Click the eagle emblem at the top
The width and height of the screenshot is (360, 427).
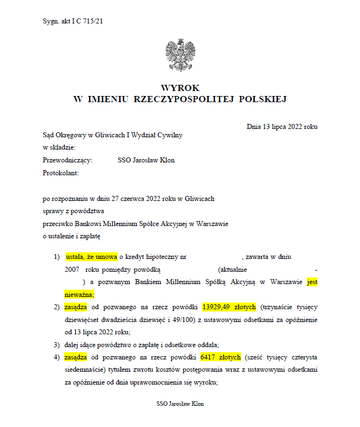[180, 55]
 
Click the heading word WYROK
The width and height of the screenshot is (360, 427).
[180, 88]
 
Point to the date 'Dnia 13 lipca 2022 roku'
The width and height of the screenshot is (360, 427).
[282, 127]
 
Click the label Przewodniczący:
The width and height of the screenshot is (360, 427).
[68, 160]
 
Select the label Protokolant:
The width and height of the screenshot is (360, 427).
[61, 173]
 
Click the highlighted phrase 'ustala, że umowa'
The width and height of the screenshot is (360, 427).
[92, 257]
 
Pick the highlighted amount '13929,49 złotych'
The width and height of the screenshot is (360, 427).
[222, 307]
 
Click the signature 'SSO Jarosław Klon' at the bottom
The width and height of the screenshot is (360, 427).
[180, 404]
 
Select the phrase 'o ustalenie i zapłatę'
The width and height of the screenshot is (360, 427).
[71, 236]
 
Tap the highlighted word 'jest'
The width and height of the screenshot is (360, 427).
[312, 282]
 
